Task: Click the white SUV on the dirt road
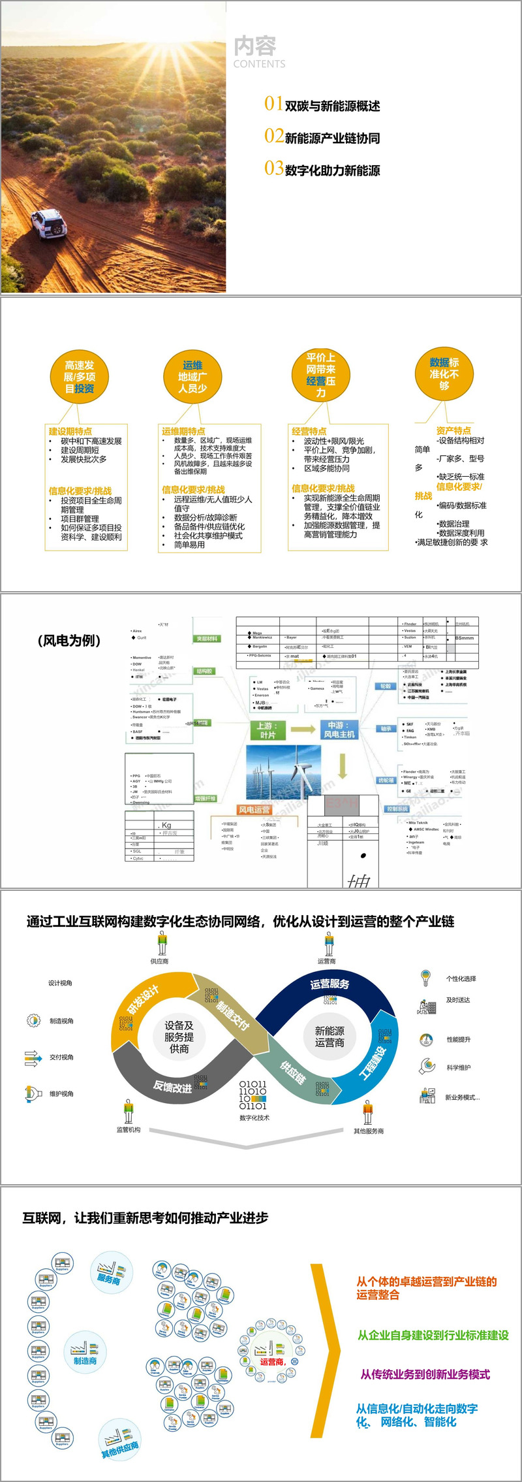pos(49,223)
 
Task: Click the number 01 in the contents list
pos(273,103)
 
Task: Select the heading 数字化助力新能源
pos(332,170)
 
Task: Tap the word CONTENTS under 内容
pos(259,64)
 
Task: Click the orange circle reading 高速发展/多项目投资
pos(80,377)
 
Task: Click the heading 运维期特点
pos(183,431)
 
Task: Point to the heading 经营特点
pos(309,431)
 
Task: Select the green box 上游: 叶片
pos(268,730)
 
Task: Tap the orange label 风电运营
pos(254,810)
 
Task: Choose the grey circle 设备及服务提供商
pos(179,1037)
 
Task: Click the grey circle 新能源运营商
pos(330,1037)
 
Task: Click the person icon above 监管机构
pos(129,1110)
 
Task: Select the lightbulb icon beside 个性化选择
pos(426,978)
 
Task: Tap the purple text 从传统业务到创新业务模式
pos(425,1375)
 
